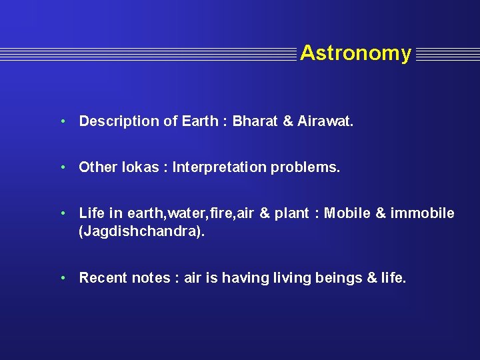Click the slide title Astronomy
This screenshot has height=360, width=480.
355,53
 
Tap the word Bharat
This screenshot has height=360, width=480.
256,121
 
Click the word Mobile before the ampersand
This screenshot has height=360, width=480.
347,213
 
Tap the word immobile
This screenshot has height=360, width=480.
423,213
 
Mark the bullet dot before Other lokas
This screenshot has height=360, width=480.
61,167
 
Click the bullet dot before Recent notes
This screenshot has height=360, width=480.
61,278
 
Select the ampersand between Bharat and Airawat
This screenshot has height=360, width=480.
287,121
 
